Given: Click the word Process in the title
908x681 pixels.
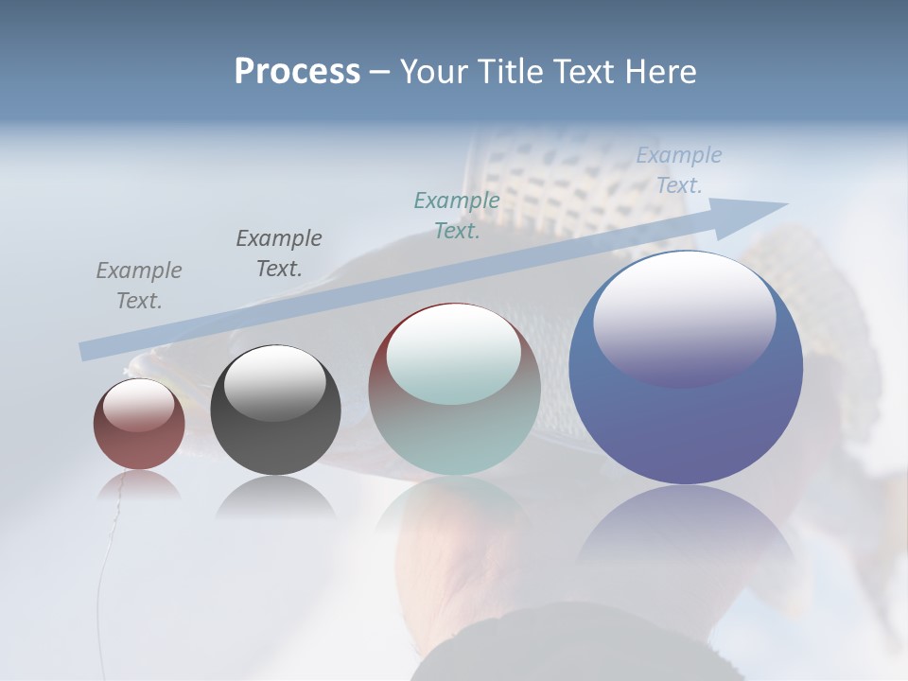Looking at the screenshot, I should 297,72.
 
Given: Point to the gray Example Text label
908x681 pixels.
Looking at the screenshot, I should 139,286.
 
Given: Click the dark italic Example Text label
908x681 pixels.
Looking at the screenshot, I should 279,253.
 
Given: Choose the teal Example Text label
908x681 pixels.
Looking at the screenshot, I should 457,216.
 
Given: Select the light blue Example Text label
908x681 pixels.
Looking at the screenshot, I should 679,170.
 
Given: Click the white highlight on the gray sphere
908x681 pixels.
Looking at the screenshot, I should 274,381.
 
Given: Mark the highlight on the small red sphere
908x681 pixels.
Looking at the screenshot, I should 138,402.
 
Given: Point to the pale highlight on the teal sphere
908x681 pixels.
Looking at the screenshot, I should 453,353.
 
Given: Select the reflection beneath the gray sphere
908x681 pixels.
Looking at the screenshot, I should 275,498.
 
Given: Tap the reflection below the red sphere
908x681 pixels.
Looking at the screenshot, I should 139,485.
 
